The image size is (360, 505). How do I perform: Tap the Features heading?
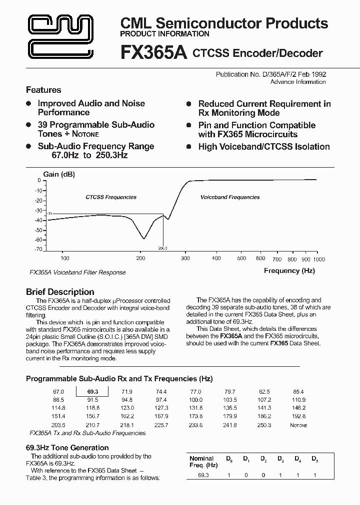pos(43,90)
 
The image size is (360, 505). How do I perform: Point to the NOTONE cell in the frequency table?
pos(298,425)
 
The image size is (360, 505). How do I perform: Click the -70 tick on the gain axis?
pos(38,249)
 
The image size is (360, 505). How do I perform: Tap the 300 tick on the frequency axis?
pos(185,258)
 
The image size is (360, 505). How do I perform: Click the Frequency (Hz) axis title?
pos(289,270)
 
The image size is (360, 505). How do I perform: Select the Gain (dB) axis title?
pos(59,174)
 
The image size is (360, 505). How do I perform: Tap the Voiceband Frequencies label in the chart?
pos(230,197)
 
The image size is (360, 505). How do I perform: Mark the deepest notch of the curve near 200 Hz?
pos(143,239)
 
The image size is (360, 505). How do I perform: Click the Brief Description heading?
pos(59,292)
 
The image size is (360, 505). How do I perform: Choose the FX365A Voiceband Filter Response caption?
pos(77,272)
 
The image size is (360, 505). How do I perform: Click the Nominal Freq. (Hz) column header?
pos(201,462)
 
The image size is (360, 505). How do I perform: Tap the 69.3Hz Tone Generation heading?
pos(67,448)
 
